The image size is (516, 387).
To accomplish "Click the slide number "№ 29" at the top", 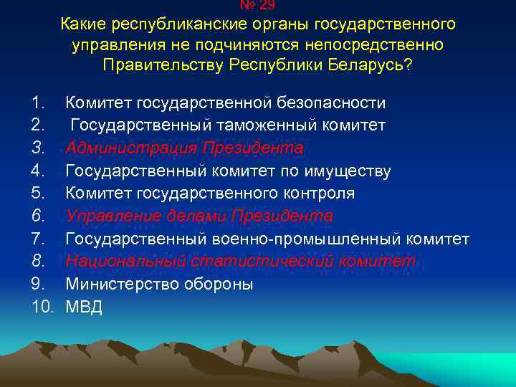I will [257, 4].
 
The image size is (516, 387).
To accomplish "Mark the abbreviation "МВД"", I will [85, 307].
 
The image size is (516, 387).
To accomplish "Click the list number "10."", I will [42, 307].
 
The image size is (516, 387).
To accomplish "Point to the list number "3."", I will [39, 148].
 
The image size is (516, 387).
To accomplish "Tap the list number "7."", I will [39, 239].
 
